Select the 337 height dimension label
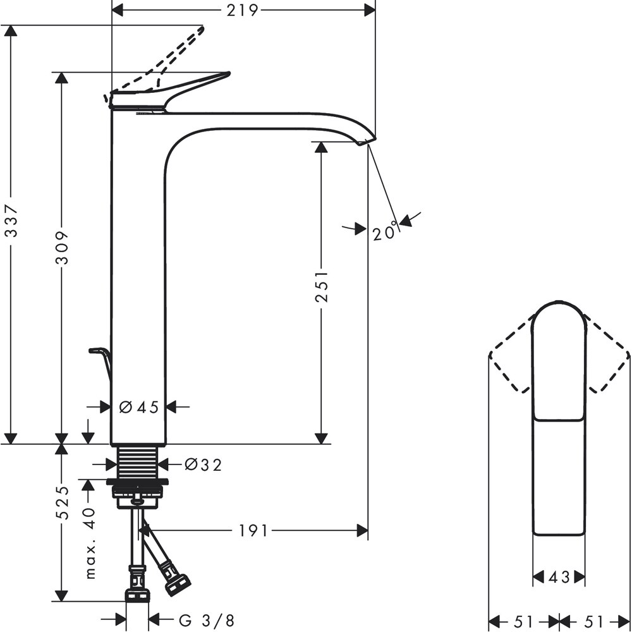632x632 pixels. pos(10,221)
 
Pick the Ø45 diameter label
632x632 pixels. pos(139,408)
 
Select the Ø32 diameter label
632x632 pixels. pos(204,465)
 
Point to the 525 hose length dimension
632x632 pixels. pos(61,502)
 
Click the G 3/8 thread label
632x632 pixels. pos(207,621)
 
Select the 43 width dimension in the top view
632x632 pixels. pos(558,576)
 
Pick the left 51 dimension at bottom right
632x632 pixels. pos(525,621)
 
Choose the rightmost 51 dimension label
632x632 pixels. pos(595,621)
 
